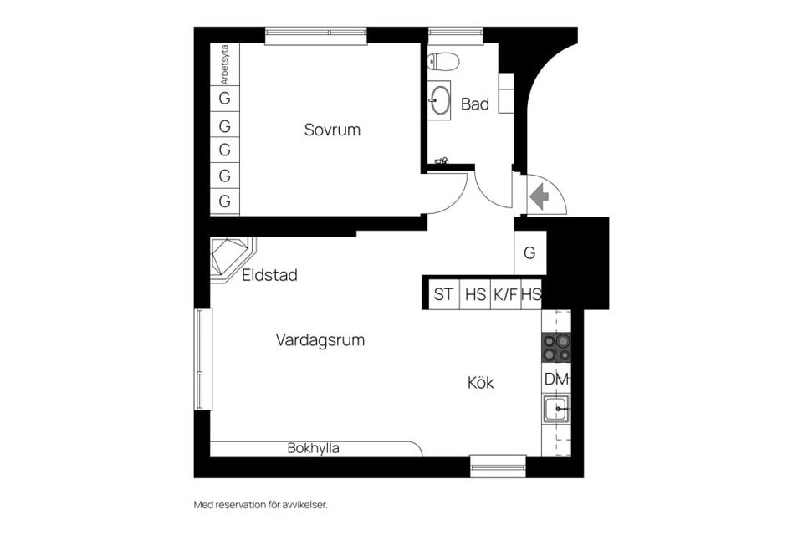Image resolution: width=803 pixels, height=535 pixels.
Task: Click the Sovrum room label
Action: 332,130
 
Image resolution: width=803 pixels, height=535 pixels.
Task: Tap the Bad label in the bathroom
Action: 474,104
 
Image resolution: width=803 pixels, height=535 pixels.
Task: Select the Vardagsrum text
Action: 320,340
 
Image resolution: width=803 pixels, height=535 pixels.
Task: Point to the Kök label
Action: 480,383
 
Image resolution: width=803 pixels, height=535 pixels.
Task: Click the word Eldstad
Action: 269,275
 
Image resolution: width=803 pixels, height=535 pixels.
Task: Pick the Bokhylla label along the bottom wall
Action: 313,448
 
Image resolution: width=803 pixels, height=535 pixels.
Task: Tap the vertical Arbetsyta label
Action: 224,64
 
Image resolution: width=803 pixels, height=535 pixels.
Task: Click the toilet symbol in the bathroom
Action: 442,61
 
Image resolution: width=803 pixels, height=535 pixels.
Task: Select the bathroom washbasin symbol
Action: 438,101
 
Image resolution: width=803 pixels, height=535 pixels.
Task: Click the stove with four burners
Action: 556,348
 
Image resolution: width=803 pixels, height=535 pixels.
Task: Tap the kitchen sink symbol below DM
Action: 555,409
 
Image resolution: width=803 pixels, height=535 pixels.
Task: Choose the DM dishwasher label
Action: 556,379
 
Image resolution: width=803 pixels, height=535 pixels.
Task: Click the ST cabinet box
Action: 443,294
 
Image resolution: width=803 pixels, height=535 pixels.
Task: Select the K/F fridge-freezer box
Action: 504,294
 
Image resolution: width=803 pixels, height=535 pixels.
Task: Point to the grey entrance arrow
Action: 539,196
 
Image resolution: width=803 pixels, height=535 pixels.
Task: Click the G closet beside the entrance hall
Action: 529,252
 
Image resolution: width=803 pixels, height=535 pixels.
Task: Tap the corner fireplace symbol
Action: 229,258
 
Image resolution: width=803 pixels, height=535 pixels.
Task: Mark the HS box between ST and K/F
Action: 475,294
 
